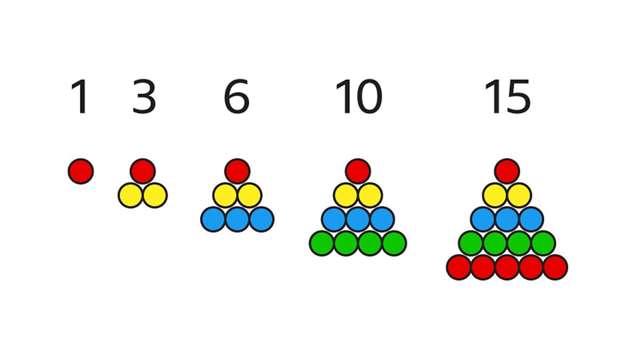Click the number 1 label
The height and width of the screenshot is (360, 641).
[81, 97]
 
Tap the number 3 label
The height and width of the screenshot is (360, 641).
[144, 96]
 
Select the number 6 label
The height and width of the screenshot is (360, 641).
[237, 96]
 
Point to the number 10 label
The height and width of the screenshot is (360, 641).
[358, 96]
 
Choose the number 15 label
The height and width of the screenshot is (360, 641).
[507, 96]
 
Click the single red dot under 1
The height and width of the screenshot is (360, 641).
[81, 171]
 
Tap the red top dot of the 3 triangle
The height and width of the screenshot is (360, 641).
[143, 171]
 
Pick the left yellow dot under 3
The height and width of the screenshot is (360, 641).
[131, 195]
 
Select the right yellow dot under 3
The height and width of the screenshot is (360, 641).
[155, 195]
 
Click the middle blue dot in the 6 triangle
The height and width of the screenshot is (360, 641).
[237, 220]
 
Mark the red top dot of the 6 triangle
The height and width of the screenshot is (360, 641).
[237, 171]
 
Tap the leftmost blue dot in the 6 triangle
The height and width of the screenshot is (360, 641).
[213, 220]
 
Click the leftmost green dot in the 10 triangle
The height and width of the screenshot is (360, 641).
[322, 244]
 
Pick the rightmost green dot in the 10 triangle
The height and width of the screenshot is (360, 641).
[394, 244]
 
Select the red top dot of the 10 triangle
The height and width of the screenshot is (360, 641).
[358, 171]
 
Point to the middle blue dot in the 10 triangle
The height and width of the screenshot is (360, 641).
[358, 220]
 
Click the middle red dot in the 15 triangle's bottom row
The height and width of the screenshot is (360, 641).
[507, 268]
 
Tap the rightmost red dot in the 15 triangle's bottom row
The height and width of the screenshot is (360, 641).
[555, 268]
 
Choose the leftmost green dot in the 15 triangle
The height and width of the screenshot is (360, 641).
[471, 244]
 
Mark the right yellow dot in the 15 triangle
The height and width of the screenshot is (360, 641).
[519, 195]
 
